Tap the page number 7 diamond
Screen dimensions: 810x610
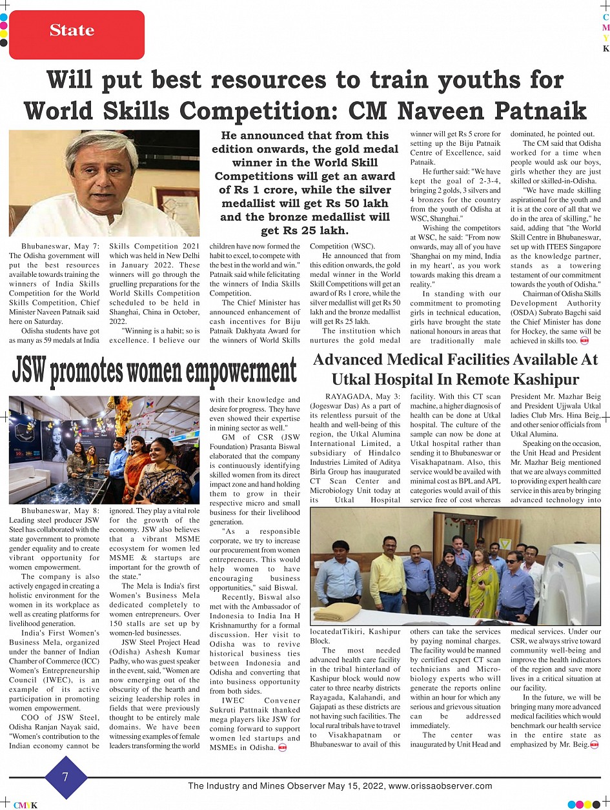pyautogui.click(x=66, y=777)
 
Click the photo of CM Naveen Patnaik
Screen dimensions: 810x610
pyautogui.click(x=105, y=183)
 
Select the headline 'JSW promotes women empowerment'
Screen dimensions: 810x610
pyautogui.click(x=154, y=372)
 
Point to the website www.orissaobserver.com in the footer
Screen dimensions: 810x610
pyautogui.click(x=440, y=786)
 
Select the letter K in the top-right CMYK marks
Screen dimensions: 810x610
pyautogui.click(x=605, y=48)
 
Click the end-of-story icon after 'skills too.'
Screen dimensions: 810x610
pyautogui.click(x=584, y=340)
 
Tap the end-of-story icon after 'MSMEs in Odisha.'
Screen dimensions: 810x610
pyautogui.click(x=282, y=748)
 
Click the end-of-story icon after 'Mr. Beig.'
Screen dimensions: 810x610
pyautogui.click(x=595, y=745)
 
